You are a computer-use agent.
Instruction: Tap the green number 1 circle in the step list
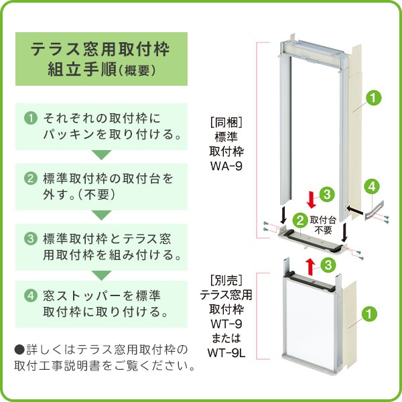click(30, 119)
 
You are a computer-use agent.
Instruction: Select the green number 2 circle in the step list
click(30, 179)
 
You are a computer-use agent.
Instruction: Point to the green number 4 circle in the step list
click(30, 295)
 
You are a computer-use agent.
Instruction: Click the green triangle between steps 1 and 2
click(100, 155)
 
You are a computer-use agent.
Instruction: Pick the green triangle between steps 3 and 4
click(100, 275)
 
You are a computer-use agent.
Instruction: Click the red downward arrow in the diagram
click(310, 199)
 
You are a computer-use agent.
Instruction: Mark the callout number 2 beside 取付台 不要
click(301, 219)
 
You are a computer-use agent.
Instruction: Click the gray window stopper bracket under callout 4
click(373, 209)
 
